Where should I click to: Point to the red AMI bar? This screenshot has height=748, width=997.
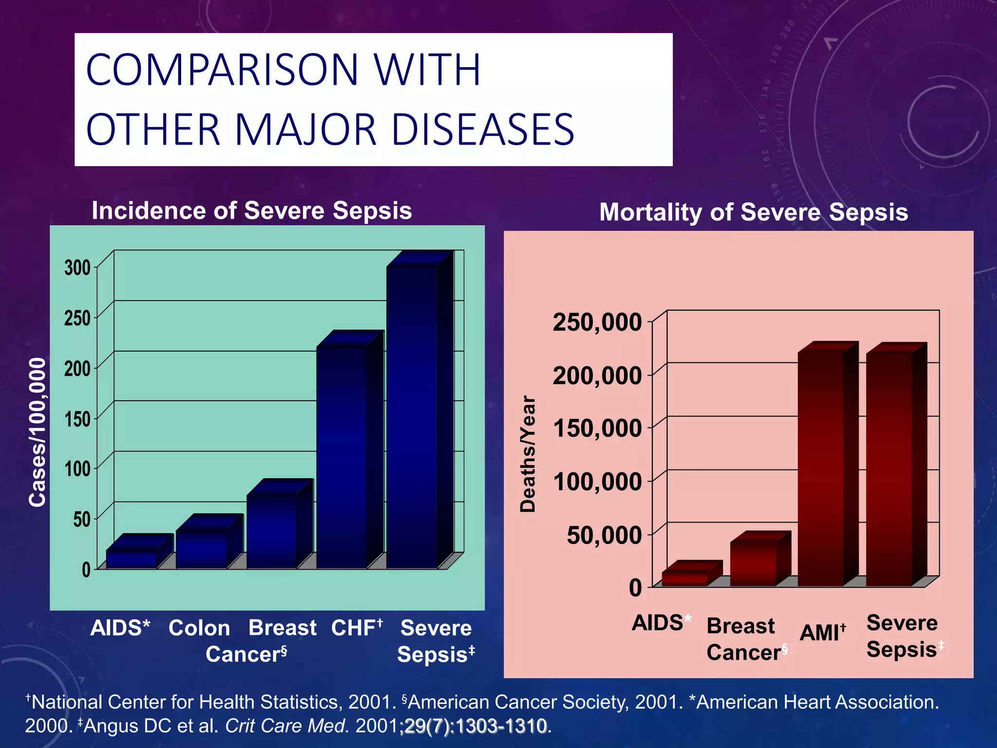(821, 467)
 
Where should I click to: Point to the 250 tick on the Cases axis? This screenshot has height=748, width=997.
(77, 318)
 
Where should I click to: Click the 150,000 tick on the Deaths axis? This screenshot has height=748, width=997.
(597, 429)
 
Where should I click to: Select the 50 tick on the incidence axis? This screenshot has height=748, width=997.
(82, 519)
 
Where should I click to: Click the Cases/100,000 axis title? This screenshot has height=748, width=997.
(37, 432)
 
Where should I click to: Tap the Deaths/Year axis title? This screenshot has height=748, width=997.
(528, 454)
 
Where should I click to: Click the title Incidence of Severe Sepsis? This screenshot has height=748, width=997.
(252, 210)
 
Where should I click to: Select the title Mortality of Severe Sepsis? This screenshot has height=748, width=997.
(753, 212)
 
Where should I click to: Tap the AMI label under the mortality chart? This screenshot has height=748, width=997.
(822, 633)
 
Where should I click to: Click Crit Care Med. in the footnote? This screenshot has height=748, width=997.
(287, 726)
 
